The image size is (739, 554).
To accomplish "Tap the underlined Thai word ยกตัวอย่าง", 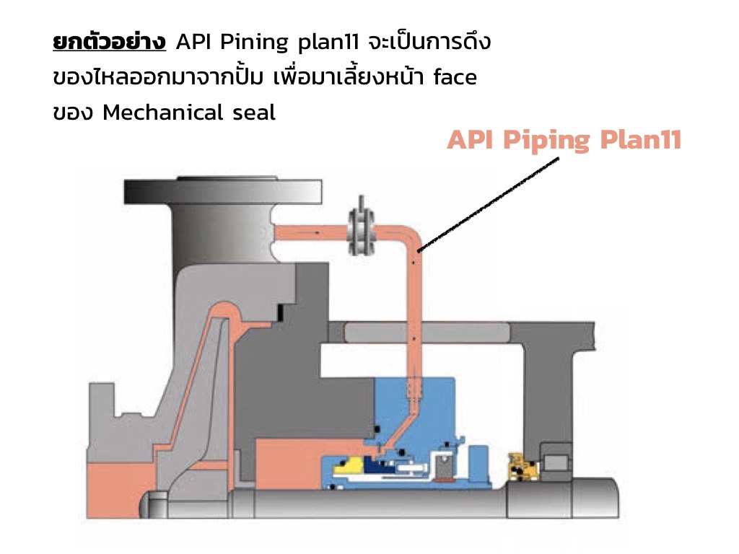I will tap(110, 43).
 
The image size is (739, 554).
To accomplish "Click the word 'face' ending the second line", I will tap(455, 77).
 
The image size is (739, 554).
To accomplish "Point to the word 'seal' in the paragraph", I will tap(253, 113).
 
